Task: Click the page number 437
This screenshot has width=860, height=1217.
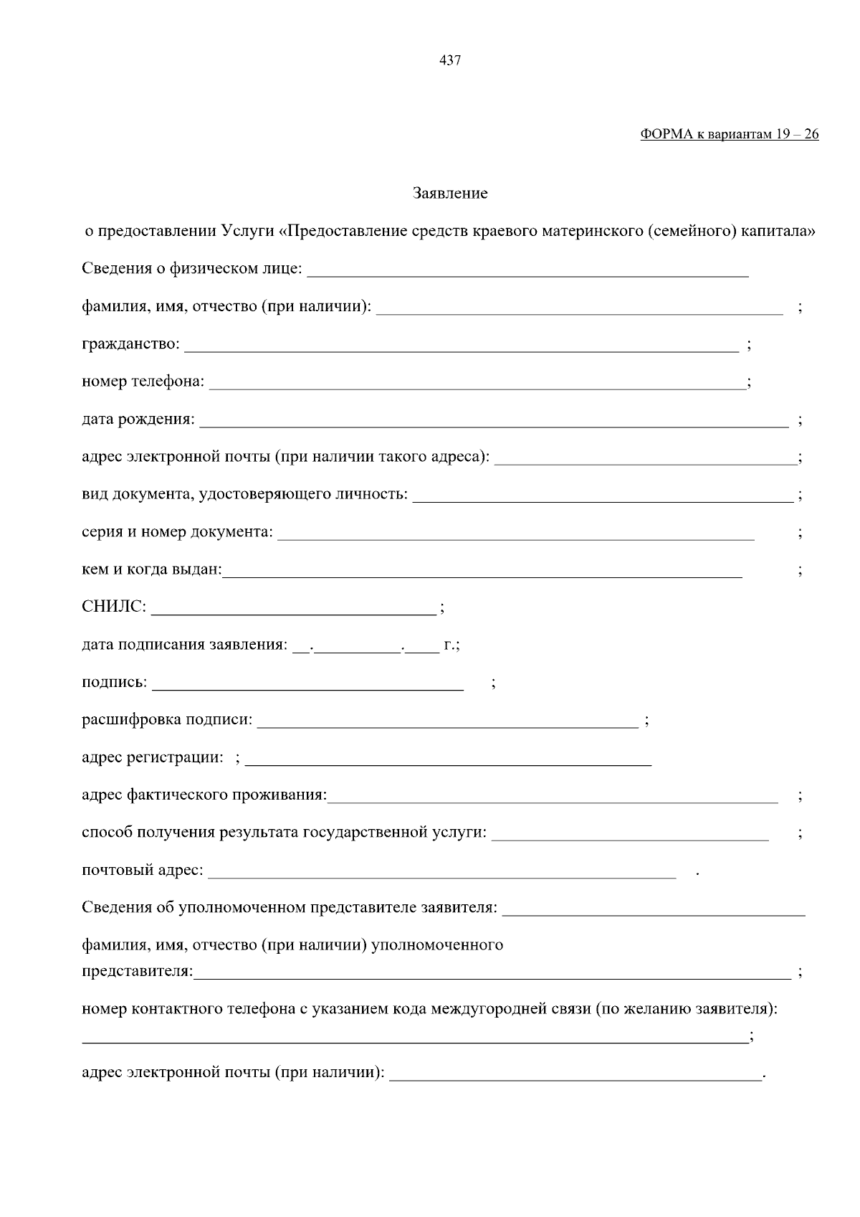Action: click(x=449, y=61)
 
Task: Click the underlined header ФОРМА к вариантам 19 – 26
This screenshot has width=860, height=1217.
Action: click(x=729, y=135)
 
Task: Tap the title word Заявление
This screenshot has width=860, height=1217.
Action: click(x=450, y=194)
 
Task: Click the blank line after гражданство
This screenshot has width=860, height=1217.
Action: click(x=462, y=349)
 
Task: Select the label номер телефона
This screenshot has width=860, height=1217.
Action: click(x=143, y=382)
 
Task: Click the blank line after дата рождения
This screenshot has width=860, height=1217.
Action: click(x=494, y=424)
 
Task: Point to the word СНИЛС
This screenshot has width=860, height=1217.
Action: click(x=113, y=607)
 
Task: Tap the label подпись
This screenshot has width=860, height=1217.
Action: click(x=114, y=683)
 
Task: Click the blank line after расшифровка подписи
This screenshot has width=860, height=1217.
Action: click(x=447, y=724)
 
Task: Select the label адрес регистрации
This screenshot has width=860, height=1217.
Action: click(x=152, y=757)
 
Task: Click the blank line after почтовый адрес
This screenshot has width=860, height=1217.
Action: click(x=441, y=875)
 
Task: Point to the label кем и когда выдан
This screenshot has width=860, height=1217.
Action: click(x=151, y=569)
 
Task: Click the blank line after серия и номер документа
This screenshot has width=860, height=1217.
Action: click(x=515, y=536)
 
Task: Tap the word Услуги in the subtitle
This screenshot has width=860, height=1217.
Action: click(x=247, y=232)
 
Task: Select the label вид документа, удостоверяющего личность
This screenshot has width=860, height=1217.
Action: click(x=244, y=494)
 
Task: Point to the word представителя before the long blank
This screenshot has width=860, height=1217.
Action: click(x=137, y=972)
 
